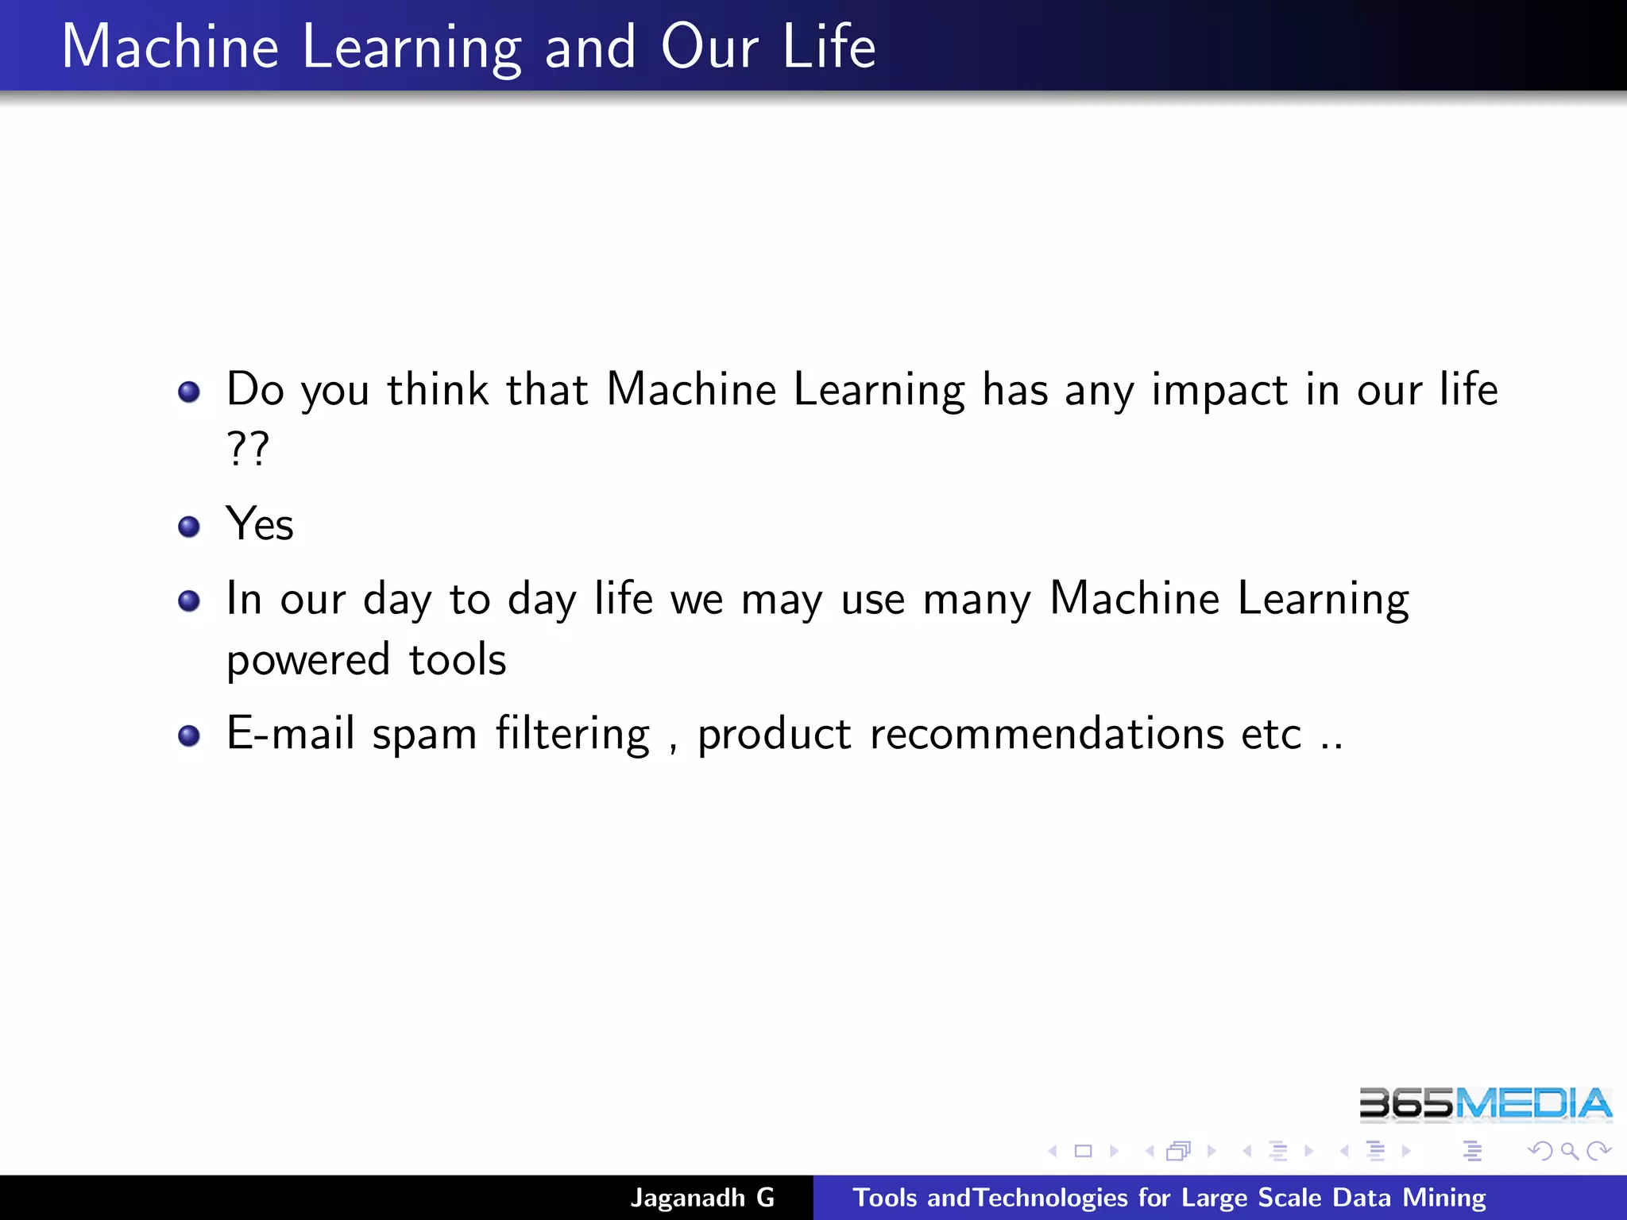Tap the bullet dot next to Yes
click(x=189, y=527)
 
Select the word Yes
click(x=260, y=524)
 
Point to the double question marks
click(x=248, y=449)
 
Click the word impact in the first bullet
click(x=1219, y=390)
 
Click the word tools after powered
click(x=458, y=660)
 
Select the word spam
click(x=424, y=735)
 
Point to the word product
click(x=775, y=735)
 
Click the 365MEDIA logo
click(x=1485, y=1104)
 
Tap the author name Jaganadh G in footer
click(x=702, y=1197)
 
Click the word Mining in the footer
click(x=1444, y=1198)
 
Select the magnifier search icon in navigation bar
click(x=1569, y=1151)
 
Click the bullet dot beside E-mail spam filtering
click(x=189, y=735)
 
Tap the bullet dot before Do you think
click(x=189, y=392)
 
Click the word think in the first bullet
click(x=438, y=390)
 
